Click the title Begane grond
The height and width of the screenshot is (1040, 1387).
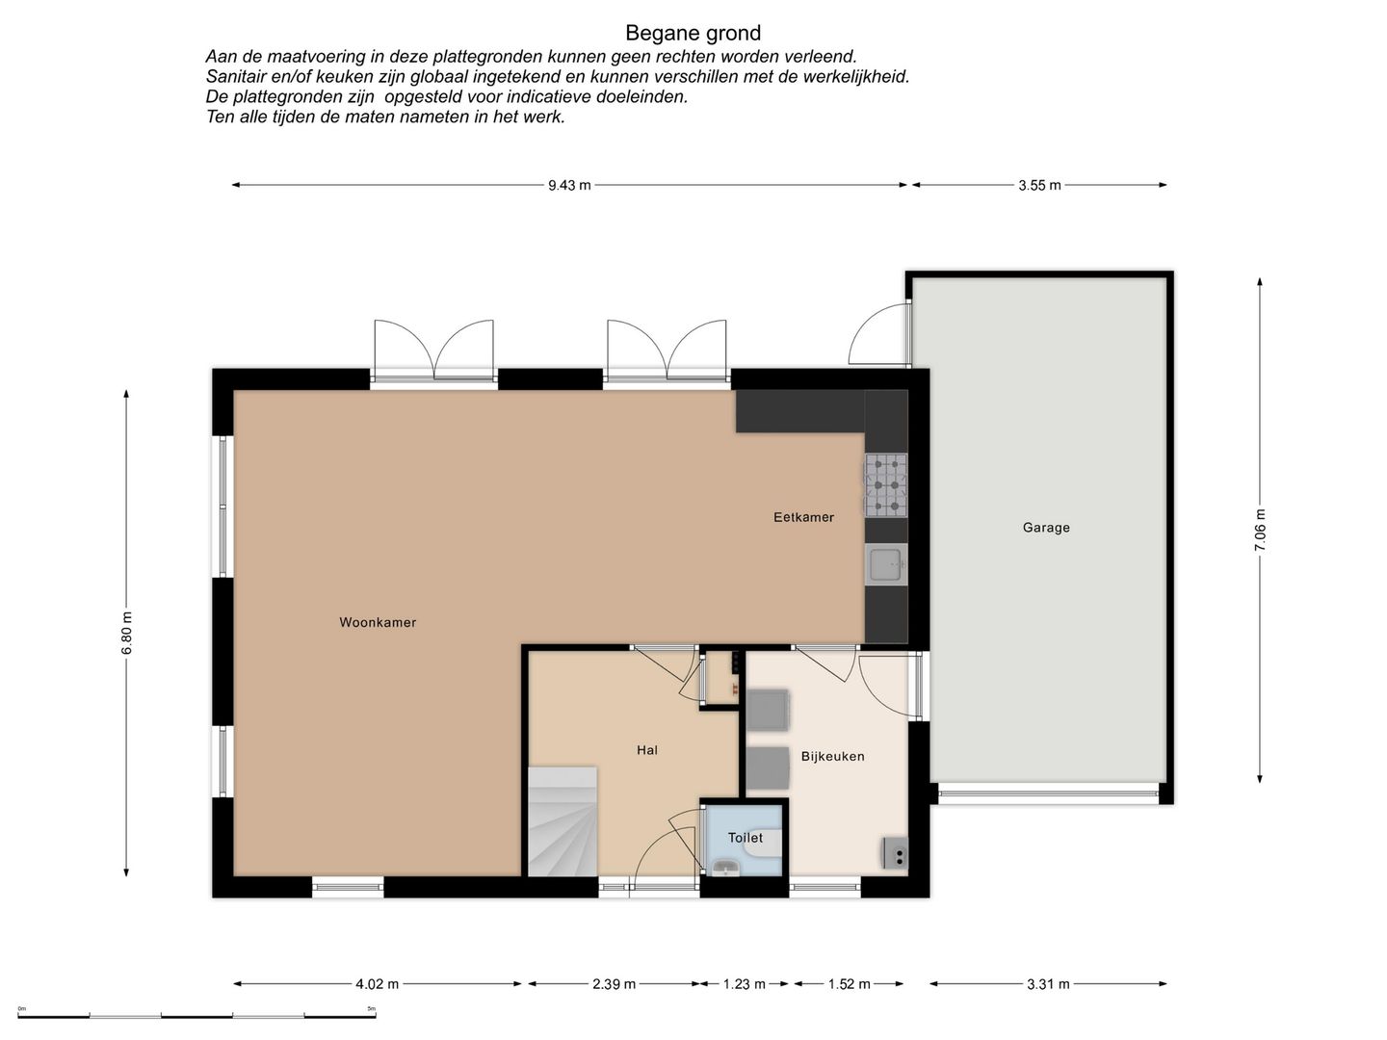tap(693, 33)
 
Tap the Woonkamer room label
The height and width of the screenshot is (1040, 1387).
tap(378, 623)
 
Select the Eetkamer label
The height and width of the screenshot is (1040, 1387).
tap(803, 517)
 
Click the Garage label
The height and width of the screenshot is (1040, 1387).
tap(1046, 528)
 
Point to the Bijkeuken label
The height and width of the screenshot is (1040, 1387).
tap(833, 756)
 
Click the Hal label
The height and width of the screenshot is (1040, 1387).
tap(647, 750)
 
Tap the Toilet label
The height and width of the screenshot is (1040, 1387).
tap(746, 838)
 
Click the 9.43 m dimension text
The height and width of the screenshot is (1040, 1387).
tap(569, 185)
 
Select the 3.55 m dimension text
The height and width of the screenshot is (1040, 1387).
tap(1039, 185)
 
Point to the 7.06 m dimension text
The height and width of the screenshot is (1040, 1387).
tap(1260, 530)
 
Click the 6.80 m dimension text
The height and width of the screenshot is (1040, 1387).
tap(127, 634)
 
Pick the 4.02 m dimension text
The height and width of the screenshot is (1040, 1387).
tap(378, 984)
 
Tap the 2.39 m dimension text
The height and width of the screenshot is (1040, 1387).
tap(614, 984)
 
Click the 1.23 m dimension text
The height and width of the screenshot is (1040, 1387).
tap(745, 984)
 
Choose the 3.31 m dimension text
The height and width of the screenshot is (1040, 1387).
tap(1048, 984)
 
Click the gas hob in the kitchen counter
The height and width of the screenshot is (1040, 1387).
tap(886, 485)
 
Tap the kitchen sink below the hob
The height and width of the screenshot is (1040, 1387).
tap(886, 564)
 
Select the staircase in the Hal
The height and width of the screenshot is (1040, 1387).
tap(563, 821)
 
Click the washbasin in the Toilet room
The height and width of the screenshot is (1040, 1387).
tap(726, 869)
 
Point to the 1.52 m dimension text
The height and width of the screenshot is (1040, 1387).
tap(849, 984)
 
